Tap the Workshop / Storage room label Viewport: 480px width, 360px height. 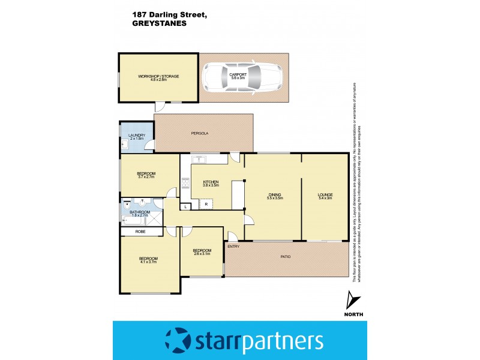(x=159, y=76)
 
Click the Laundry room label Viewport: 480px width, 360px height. (x=137, y=136)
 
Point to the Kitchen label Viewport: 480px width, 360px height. (x=210, y=182)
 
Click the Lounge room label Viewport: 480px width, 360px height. (x=325, y=194)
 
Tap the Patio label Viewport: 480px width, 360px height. (x=285, y=257)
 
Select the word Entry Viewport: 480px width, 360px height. (x=233, y=246)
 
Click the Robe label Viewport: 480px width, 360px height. (x=140, y=232)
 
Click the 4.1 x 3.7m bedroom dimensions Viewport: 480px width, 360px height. (x=148, y=262)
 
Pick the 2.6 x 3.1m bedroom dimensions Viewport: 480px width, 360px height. (x=202, y=254)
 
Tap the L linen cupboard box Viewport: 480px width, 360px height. (x=186, y=206)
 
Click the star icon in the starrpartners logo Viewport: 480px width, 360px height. (x=177, y=341)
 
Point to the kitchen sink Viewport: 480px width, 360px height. (x=199, y=159)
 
